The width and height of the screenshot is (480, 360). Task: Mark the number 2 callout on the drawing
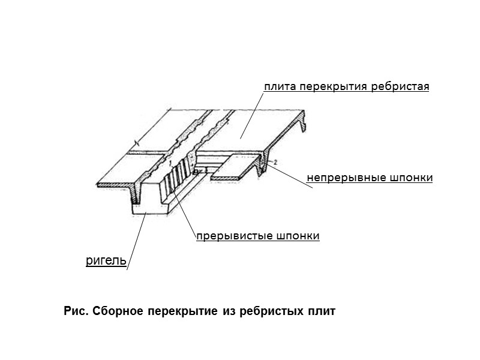274,163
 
